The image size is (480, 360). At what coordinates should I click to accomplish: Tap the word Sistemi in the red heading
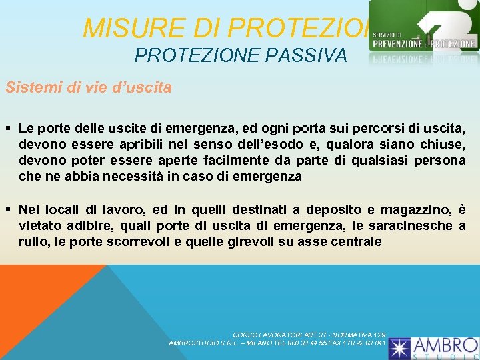(x=28, y=87)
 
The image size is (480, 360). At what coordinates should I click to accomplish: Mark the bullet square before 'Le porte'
(x=9, y=127)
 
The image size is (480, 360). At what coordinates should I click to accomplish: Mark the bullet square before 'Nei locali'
(x=9, y=210)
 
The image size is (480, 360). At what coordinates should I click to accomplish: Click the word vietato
(x=40, y=226)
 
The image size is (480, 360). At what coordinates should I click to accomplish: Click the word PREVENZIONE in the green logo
(x=397, y=43)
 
